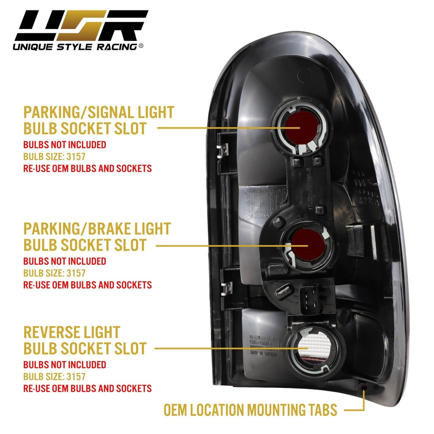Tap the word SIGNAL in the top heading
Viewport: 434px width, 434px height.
click(x=115, y=113)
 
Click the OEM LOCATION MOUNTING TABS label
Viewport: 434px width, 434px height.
click(x=250, y=410)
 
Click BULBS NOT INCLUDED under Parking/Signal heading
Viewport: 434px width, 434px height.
click(x=65, y=145)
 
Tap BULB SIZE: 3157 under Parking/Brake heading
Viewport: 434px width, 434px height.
click(x=54, y=273)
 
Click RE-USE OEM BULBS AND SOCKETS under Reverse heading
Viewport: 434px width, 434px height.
click(x=88, y=389)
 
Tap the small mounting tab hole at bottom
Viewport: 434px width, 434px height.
click(x=364, y=388)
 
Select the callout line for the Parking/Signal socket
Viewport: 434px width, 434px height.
click(x=225, y=128)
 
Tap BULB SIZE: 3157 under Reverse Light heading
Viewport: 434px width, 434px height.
click(x=54, y=377)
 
